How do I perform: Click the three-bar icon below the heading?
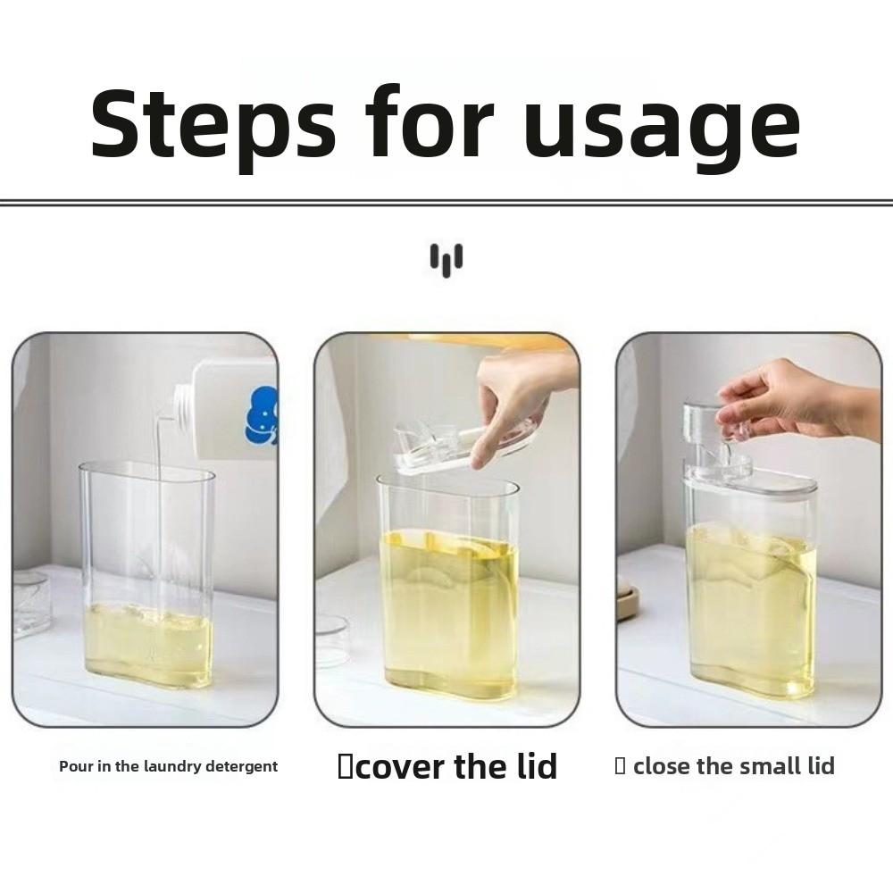(446, 260)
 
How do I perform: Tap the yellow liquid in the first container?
(148, 645)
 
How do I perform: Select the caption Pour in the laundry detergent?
(169, 766)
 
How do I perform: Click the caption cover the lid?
(447, 766)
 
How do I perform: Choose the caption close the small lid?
(725, 766)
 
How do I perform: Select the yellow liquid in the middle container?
(449, 613)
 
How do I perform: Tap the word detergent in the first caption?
(241, 767)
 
